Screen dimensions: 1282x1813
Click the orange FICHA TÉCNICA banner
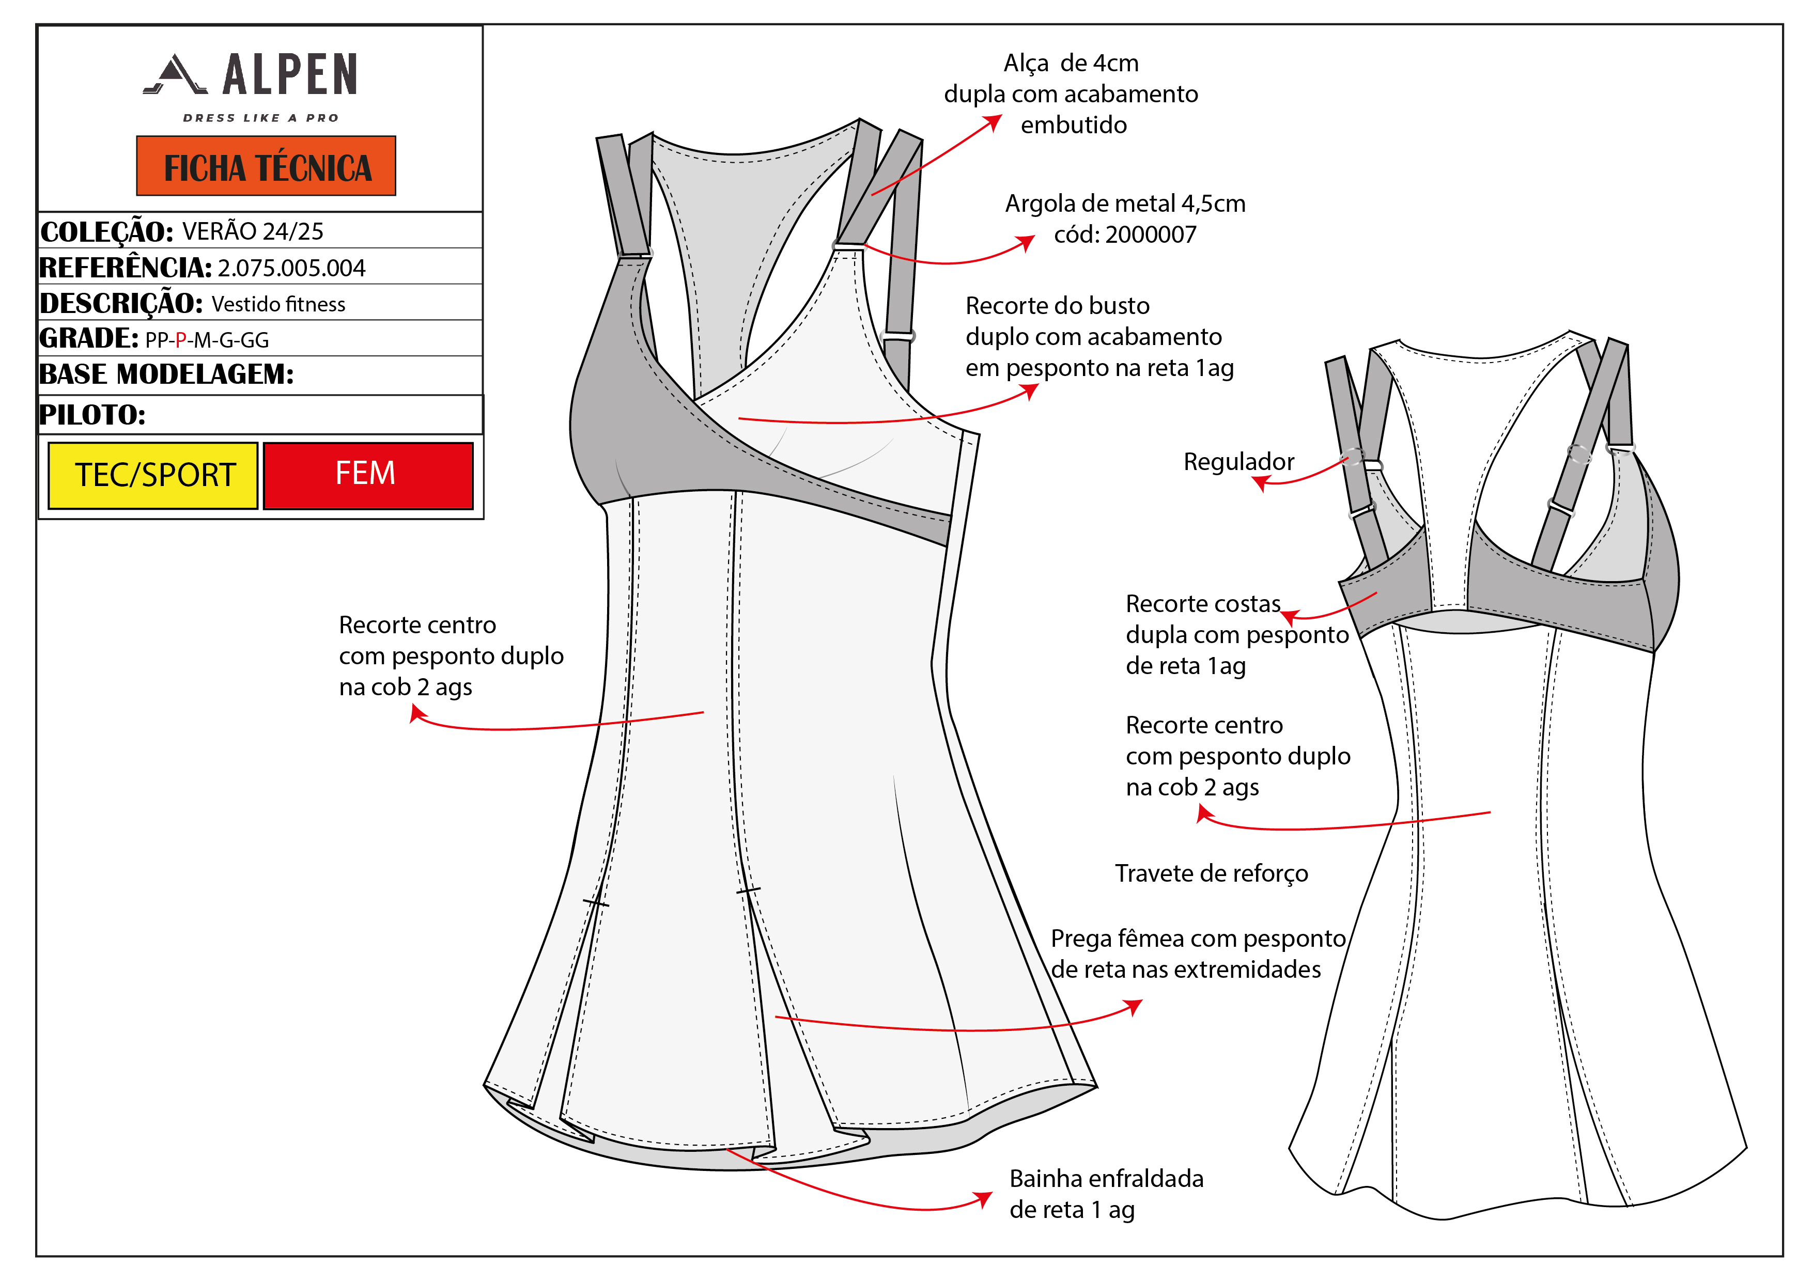(x=266, y=166)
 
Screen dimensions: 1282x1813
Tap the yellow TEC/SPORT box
(x=154, y=475)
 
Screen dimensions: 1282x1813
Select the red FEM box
(x=367, y=475)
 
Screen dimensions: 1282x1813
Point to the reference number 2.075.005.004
(x=291, y=269)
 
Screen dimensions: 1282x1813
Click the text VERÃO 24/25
(x=253, y=231)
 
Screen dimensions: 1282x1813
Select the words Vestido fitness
(x=278, y=305)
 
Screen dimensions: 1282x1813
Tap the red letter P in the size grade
(x=181, y=340)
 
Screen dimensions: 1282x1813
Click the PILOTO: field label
(x=92, y=414)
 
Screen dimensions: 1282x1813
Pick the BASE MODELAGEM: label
(x=166, y=374)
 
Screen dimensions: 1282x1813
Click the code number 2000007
(x=1151, y=234)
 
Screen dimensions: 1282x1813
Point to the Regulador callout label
(x=1238, y=462)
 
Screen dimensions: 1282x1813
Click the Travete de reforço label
(x=1211, y=873)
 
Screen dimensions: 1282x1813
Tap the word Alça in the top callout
(x=1026, y=63)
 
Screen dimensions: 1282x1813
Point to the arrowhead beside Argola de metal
(x=1027, y=242)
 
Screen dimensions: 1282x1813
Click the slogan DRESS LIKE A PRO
(x=260, y=118)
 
